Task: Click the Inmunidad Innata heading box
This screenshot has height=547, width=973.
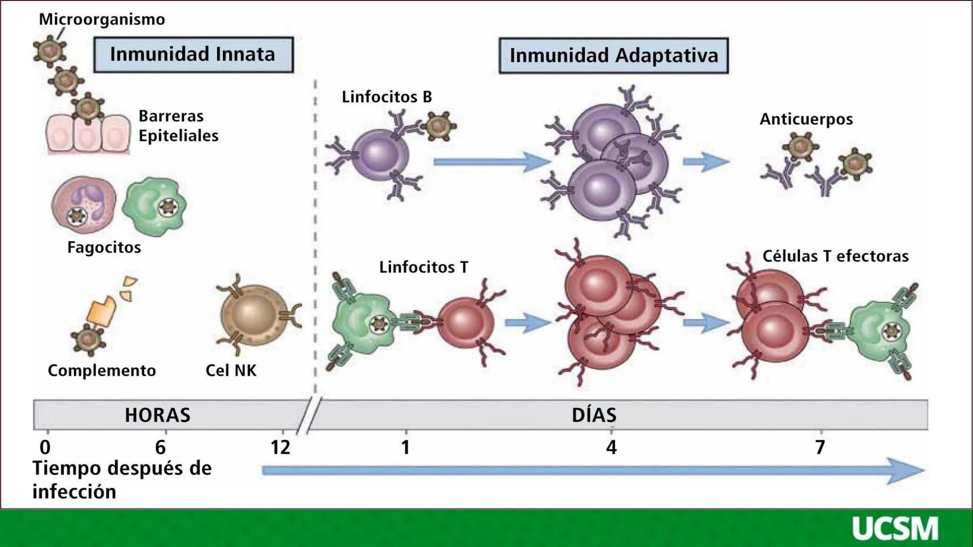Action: pyautogui.click(x=193, y=55)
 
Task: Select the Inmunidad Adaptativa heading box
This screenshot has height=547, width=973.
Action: pyautogui.click(x=613, y=56)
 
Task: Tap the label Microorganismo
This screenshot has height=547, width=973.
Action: pyautogui.click(x=102, y=20)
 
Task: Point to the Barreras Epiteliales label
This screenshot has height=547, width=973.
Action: pyautogui.click(x=178, y=126)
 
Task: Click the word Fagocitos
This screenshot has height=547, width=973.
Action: pyautogui.click(x=104, y=247)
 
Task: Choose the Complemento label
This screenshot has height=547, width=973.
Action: pyautogui.click(x=101, y=370)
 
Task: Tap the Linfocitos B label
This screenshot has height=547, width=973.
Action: pyautogui.click(x=387, y=97)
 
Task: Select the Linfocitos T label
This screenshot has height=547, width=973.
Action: pyautogui.click(x=424, y=267)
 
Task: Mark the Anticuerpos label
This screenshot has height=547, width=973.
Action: pyautogui.click(x=806, y=119)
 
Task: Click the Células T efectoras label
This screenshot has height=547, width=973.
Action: pyautogui.click(x=835, y=256)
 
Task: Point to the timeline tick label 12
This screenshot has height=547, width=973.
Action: pyautogui.click(x=280, y=447)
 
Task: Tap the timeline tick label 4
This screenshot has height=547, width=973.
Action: pyautogui.click(x=612, y=447)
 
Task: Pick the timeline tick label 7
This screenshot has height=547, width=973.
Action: pyautogui.click(x=820, y=447)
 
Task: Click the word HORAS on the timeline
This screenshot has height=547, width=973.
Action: pyautogui.click(x=158, y=415)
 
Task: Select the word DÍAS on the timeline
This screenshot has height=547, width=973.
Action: pyautogui.click(x=594, y=415)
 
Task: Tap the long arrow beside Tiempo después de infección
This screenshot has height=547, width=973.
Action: pyautogui.click(x=593, y=471)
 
